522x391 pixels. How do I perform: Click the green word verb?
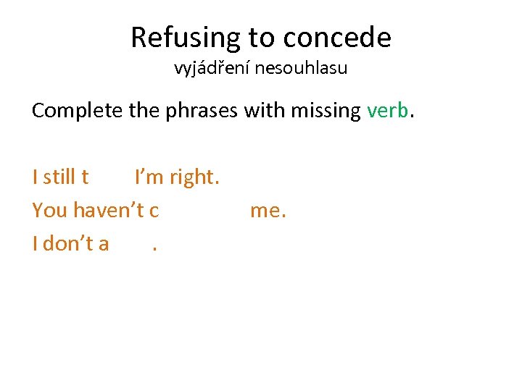[388, 111]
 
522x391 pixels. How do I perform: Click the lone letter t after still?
[86, 176]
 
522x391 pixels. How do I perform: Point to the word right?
[194, 176]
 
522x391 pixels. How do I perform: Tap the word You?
[50, 210]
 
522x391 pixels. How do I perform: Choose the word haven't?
[109, 210]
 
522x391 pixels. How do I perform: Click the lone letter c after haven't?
[154, 210]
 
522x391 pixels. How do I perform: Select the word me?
[268, 210]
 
